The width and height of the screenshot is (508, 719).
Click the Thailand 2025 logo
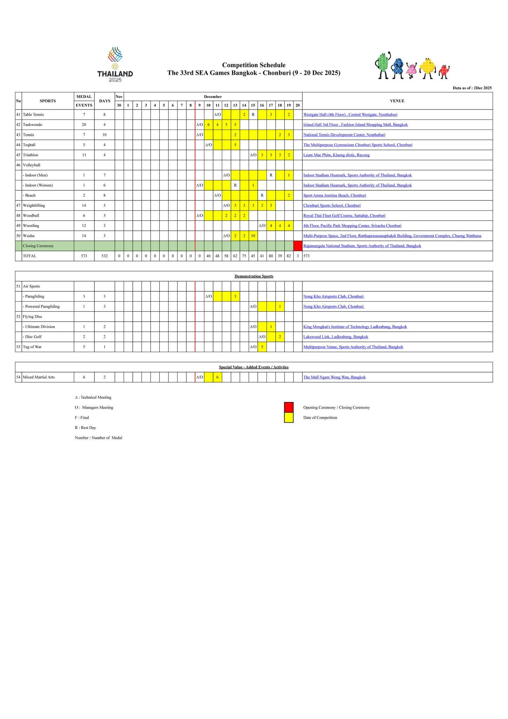point(115,65)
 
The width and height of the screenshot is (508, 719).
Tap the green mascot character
point(383,65)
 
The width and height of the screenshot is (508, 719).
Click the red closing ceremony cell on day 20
point(298,246)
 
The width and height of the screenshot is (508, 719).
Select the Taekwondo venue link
point(355,125)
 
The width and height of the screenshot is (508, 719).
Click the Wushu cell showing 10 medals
point(253,236)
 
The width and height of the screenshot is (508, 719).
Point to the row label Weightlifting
point(34,205)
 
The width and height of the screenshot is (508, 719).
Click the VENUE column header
point(397,101)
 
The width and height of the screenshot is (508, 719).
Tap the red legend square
point(289,407)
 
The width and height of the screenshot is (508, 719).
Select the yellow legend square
point(289,417)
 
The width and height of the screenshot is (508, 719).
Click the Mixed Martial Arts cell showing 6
point(217,377)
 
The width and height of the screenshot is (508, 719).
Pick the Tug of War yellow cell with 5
point(262,347)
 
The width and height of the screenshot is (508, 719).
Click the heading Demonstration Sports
point(254,276)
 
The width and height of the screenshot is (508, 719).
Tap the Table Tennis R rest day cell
point(253,115)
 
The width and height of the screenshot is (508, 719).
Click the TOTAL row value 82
point(289,256)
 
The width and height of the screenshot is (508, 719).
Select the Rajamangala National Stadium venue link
point(362,246)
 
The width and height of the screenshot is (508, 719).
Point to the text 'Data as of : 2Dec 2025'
point(472,88)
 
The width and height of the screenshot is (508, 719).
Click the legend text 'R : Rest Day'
point(85,428)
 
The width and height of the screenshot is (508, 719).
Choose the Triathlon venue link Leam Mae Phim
point(336,155)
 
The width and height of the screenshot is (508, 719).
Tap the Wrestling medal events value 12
point(84,226)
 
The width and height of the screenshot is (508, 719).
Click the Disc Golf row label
point(33,337)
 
